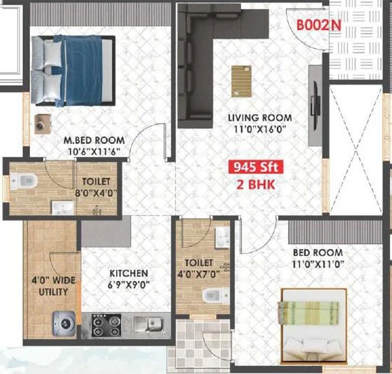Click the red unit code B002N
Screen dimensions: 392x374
point(318,25)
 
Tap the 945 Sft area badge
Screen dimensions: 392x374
point(256,167)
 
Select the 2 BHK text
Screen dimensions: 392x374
point(256,184)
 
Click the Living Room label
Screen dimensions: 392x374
point(260,118)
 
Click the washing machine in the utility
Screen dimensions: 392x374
point(64,323)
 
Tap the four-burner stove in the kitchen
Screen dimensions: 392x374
point(106,325)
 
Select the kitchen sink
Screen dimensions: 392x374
point(149,324)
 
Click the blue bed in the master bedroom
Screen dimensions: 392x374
point(73,71)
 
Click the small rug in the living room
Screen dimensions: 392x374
point(241,81)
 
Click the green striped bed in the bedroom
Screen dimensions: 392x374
point(314,325)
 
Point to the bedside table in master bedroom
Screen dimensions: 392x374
point(43,124)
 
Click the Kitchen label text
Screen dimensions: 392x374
point(128,273)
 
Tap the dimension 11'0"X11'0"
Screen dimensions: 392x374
point(318,264)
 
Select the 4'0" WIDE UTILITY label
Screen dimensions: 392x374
point(53,286)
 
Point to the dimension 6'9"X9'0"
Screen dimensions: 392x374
point(128,285)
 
